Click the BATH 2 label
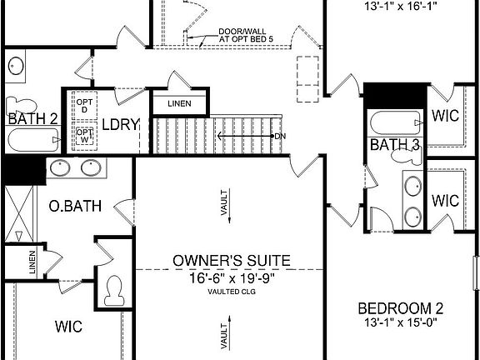click(32, 119)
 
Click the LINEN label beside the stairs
click(178, 103)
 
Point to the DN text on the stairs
click(280, 135)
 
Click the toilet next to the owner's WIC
click(113, 291)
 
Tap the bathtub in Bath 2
click(30, 137)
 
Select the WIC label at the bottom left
click(68, 326)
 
